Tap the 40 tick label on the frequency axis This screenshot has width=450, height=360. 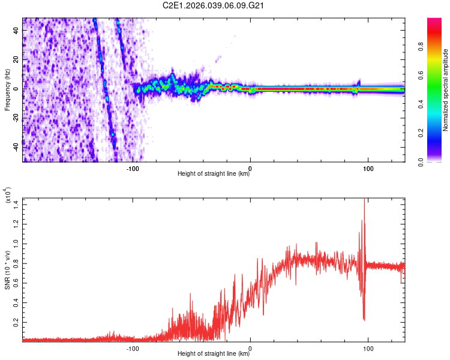[x=16, y=32]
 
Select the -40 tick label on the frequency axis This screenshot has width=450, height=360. [x=15, y=144]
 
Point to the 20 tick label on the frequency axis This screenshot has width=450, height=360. [x=16, y=60]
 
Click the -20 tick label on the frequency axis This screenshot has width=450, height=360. [x=15, y=116]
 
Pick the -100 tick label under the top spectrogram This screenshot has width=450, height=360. [x=133, y=168]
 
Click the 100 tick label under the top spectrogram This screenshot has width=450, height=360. [x=367, y=168]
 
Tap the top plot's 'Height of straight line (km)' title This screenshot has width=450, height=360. [x=214, y=175]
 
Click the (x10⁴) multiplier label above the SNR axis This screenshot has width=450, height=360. [x=8, y=196]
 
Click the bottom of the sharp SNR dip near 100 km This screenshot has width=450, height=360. [x=364, y=319]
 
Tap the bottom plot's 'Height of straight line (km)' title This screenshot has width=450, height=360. [x=214, y=354]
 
